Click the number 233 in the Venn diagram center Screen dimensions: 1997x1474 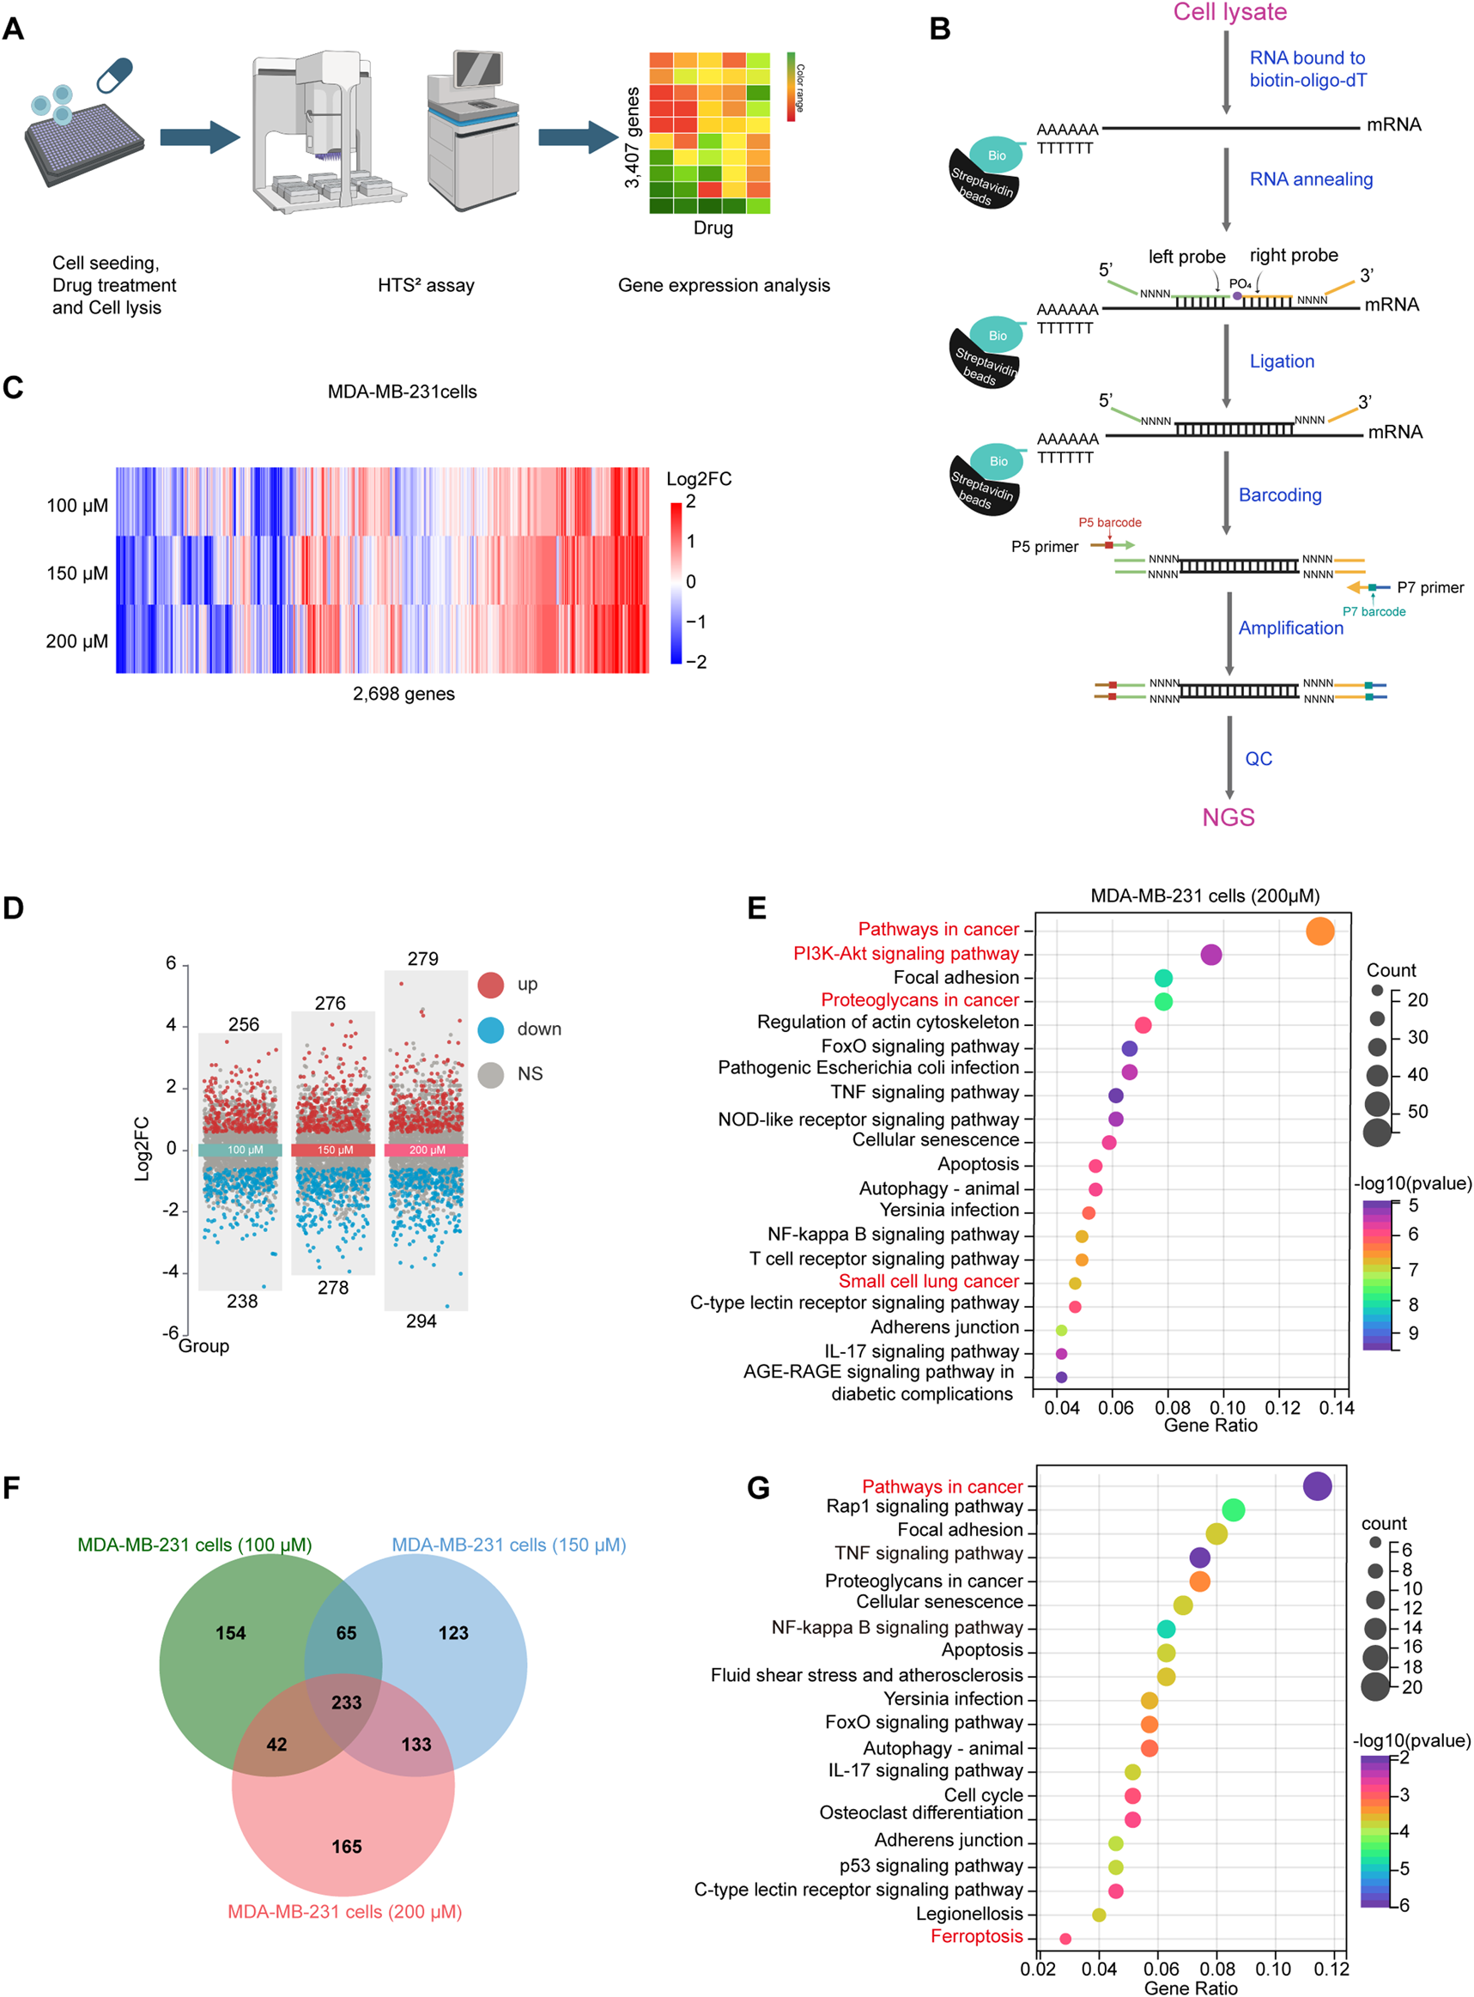(346, 1702)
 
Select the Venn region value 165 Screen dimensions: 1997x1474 (346, 1845)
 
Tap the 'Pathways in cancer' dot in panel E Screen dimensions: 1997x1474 (1319, 931)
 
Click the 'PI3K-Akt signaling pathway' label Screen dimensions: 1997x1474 (906, 953)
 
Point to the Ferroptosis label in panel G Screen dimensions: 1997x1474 (976, 1935)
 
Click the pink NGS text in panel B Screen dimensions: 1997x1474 (1228, 816)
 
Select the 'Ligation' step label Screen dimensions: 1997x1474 (1282, 361)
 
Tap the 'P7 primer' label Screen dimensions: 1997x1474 (1429, 587)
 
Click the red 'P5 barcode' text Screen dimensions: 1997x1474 (1109, 522)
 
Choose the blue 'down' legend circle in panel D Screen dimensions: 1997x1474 (491, 1029)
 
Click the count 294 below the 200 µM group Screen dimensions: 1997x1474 (422, 1320)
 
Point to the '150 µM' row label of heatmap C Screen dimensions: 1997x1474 (76, 573)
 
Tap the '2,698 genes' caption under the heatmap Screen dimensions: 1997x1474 (403, 694)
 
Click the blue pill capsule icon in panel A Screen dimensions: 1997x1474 (114, 74)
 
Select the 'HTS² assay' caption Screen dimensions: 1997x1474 (426, 286)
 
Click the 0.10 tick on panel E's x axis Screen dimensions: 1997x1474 (1227, 1407)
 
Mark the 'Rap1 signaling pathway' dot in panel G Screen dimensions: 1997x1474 (1232, 1510)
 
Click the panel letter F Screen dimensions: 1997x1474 (12, 1488)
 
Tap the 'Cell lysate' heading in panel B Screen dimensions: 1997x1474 (1229, 12)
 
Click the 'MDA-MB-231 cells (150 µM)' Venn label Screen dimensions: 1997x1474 (508, 1545)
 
